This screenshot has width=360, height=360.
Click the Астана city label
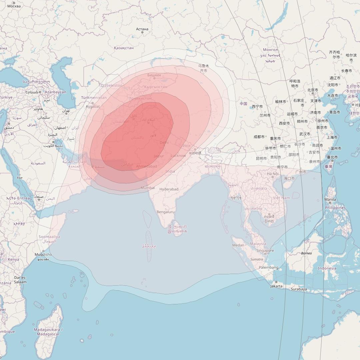(142, 29)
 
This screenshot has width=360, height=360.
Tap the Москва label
(14, 6)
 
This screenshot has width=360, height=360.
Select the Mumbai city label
(148, 188)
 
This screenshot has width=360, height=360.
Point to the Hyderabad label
(169, 189)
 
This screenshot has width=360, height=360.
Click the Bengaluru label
(166, 212)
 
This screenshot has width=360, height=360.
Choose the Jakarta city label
(276, 286)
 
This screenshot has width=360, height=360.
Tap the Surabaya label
(299, 289)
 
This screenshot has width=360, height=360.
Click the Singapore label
(265, 251)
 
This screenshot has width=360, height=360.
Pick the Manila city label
(330, 200)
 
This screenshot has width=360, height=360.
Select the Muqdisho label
(43, 255)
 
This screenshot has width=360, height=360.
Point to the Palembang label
(269, 268)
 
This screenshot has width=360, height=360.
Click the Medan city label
(238, 245)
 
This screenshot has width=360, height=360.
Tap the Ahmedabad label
(146, 166)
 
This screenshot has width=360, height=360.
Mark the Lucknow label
(178, 156)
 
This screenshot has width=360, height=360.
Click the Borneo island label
(306, 253)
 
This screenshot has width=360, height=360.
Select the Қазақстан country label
(124, 48)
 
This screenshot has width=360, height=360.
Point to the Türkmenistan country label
(94, 98)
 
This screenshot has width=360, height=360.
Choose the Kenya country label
(13, 260)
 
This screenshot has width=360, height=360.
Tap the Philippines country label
(335, 208)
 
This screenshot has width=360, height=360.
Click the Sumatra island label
(257, 259)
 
